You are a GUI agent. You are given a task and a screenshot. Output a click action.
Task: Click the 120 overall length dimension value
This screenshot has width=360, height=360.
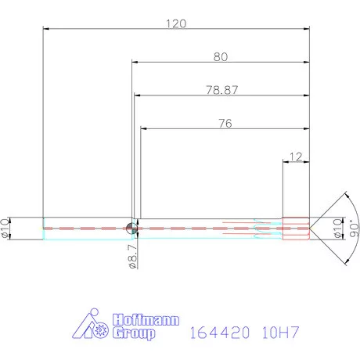tap(176, 23)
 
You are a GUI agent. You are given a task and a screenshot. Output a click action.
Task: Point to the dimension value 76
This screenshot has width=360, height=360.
tap(225, 123)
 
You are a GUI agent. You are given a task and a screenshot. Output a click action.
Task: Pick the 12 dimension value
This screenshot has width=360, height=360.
tap(295, 157)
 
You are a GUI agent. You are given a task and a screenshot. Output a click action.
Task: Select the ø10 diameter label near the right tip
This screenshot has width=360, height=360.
tap(338, 228)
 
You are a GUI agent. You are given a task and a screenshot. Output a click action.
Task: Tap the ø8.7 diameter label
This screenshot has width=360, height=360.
tap(132, 254)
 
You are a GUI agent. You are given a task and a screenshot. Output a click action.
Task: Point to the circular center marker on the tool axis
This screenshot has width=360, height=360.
tap(131, 228)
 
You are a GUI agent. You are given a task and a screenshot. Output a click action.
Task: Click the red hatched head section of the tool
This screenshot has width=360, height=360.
tap(296, 227)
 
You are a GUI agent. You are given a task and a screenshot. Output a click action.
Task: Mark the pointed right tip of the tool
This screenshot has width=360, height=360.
tap(311, 227)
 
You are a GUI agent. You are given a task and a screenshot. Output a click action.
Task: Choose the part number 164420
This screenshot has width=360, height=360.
tap(219, 333)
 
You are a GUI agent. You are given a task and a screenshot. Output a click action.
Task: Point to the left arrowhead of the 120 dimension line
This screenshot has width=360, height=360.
tap(46, 30)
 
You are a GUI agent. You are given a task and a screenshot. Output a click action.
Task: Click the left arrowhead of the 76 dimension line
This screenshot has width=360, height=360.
tap(142, 129)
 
